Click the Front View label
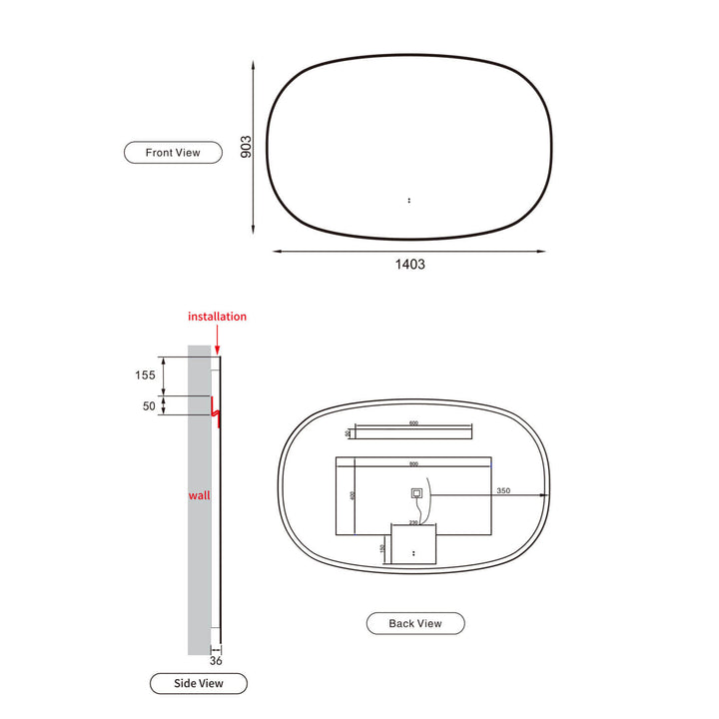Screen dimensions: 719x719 [173, 153]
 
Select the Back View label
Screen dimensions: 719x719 [414, 623]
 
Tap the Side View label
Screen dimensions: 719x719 [199, 683]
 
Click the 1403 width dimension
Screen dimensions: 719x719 [410, 265]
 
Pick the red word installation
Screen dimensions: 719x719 [217, 317]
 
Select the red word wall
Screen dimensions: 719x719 [199, 494]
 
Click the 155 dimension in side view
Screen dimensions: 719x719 [146, 375]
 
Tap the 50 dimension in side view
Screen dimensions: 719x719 [150, 406]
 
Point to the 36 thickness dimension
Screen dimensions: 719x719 [215, 660]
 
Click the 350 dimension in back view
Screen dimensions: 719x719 [502, 490]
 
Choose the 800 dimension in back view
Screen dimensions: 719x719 [413, 463]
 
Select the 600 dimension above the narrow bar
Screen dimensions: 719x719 [413, 423]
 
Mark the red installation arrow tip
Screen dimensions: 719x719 [217, 352]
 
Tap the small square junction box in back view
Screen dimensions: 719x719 [416, 493]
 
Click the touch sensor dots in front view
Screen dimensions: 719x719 [409, 201]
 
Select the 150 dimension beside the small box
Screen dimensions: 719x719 [383, 547]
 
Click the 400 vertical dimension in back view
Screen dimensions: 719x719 [353, 495]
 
